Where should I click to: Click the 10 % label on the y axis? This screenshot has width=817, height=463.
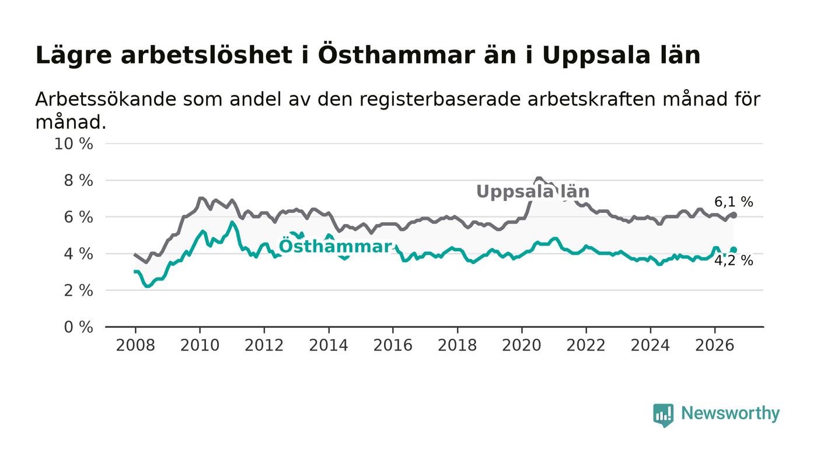(74, 143)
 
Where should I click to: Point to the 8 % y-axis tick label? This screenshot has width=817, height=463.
(78, 180)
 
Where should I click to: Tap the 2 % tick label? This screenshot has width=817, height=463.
(78, 290)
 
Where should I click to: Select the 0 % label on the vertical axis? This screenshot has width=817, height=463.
(78, 327)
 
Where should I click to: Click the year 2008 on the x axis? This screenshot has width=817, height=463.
(135, 345)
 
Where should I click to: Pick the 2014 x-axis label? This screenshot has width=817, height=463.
(329, 345)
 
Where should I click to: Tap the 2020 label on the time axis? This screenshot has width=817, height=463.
(522, 345)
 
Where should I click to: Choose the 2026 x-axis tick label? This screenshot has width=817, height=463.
(714, 345)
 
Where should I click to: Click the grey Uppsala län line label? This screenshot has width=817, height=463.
(533, 191)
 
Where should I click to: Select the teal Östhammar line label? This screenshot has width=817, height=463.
(336, 246)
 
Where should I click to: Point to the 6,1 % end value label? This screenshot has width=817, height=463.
(734, 202)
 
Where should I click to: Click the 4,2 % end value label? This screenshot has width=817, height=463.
(734, 261)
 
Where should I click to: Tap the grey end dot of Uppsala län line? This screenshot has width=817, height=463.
(734, 215)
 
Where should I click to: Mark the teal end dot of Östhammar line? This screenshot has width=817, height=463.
(734, 250)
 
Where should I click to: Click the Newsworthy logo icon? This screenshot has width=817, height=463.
(663, 415)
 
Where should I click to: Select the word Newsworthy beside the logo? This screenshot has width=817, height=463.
(730, 413)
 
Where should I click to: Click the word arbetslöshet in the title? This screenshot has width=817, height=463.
(207, 55)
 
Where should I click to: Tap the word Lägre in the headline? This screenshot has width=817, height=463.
(74, 56)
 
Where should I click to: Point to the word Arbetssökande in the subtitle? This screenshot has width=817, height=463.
(106, 99)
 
